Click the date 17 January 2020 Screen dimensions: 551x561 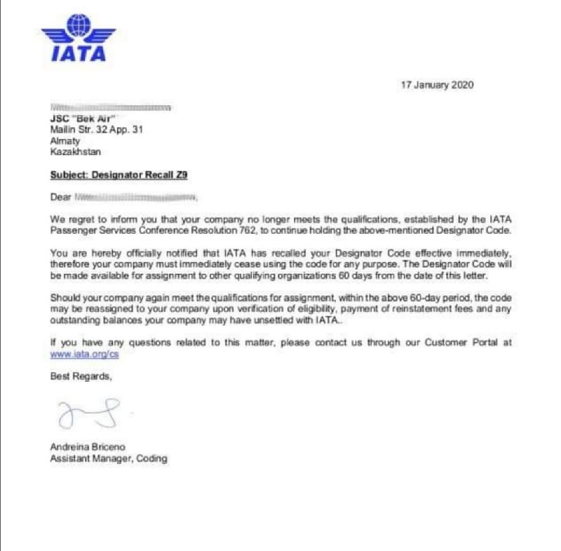pos(437,85)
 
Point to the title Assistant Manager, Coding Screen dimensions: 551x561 pos(109,458)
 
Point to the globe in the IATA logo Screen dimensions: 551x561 pos(79,27)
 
